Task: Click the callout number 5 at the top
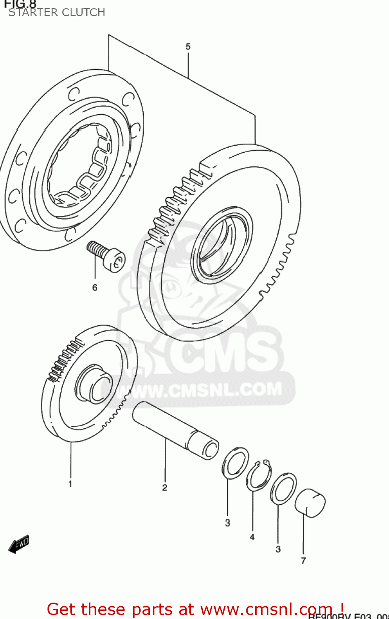coord(188,47)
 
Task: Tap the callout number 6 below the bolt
coord(95,287)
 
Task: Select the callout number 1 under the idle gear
coord(70,484)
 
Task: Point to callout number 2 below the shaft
coord(164,488)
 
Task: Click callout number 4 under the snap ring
coord(252,537)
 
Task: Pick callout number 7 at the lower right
coord(304,560)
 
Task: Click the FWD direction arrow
coord(19,544)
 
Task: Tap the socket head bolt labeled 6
coord(107,256)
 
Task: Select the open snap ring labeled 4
coord(259,476)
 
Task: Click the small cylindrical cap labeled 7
coord(311,503)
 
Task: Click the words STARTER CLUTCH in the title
coord(57,12)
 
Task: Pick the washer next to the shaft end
coord(235,463)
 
